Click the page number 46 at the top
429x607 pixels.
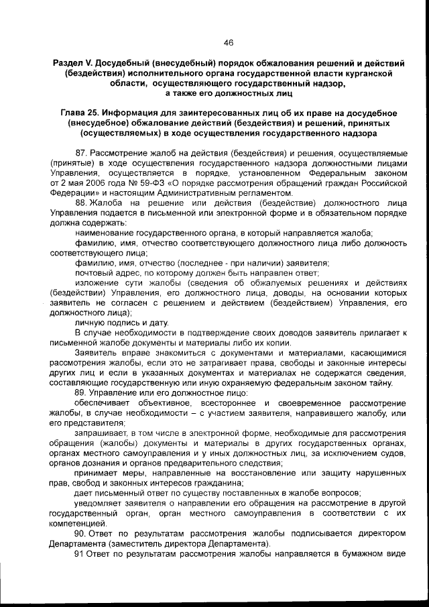click(228, 42)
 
